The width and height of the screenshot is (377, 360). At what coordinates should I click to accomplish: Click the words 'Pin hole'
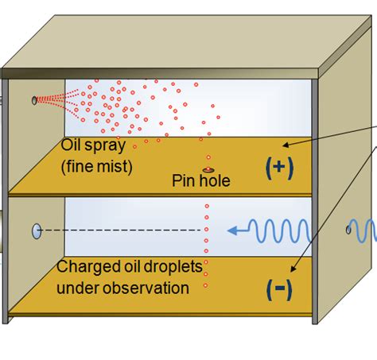pos(201,182)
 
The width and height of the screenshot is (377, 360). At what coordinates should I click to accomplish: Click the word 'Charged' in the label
pos(83,268)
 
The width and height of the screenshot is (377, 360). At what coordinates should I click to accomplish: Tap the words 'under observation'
pos(122,287)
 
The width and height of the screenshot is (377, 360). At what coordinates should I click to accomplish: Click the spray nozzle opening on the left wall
pos(34,100)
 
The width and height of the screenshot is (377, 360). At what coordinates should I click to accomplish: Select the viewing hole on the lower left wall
pos(37,231)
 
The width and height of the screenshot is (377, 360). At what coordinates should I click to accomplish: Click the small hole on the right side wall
pos(348,230)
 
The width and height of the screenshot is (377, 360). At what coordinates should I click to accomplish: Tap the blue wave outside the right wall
pos(367,230)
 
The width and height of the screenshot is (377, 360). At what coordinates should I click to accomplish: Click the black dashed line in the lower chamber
pos(119,231)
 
